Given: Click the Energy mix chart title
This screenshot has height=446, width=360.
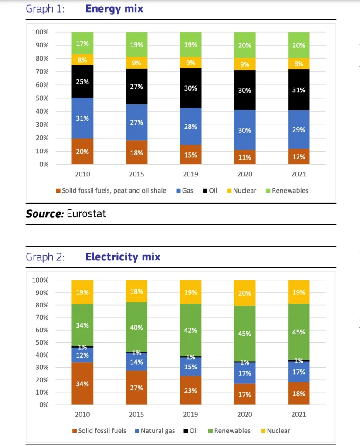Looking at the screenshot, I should click(114, 9).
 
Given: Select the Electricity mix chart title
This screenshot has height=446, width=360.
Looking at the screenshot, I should click(123, 257).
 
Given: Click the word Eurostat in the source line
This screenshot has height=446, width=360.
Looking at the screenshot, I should click(86, 213).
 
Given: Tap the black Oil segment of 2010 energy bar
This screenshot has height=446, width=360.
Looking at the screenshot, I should click(82, 81).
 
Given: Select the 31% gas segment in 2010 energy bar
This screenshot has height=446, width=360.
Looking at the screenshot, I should click(82, 118).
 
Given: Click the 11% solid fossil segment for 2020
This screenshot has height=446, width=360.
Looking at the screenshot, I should click(245, 157).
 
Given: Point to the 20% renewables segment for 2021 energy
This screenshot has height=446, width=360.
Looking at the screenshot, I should click(299, 45).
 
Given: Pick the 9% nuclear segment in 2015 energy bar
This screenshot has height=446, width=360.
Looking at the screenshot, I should click(136, 63).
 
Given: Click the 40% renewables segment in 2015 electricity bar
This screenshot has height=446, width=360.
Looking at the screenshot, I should click(136, 327).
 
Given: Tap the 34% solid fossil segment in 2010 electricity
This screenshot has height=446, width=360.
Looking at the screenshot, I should click(82, 384).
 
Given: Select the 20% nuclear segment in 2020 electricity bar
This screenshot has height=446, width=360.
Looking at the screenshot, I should click(245, 293).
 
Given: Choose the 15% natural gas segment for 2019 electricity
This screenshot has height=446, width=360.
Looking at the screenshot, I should click(190, 367).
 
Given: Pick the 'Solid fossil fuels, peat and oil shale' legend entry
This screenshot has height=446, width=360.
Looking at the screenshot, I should click(111, 190).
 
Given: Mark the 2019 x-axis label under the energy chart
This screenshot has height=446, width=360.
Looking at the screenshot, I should click(190, 174).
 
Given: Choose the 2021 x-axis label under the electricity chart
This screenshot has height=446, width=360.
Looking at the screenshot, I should click(299, 414).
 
